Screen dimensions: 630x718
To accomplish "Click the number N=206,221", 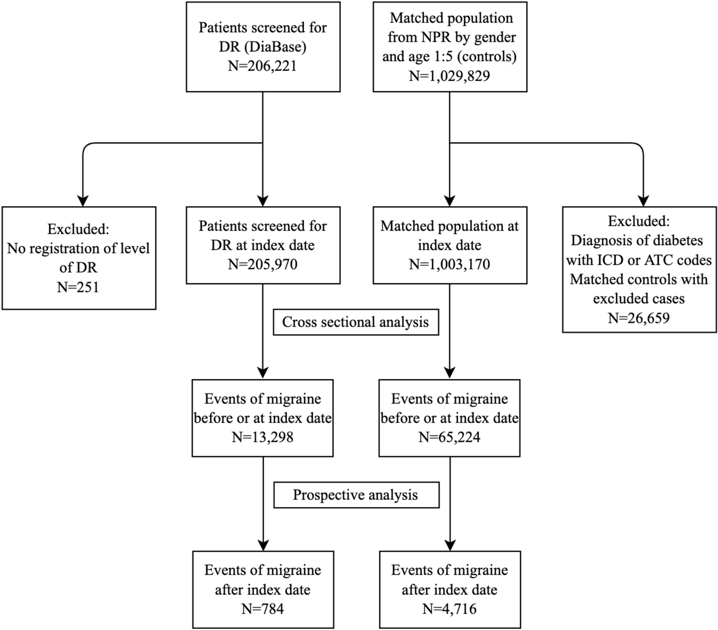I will coord(262,66).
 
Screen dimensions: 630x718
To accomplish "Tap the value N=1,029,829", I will coord(449,75).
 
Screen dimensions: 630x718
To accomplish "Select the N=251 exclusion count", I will coord(78,287).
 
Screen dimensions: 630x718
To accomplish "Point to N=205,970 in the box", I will coord(262,264).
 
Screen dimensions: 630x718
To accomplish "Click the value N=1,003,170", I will coord(449,264).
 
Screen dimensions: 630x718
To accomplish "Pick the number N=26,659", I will coord(638,318).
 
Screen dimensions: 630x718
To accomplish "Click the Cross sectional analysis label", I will coord(355,322).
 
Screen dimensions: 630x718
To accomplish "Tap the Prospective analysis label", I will coord(355,495).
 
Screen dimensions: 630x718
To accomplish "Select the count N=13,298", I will coord(262,437).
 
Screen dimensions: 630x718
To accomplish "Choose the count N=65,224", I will coord(449,437).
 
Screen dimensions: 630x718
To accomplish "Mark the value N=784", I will coord(262,608).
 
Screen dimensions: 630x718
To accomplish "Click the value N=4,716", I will coord(449,608).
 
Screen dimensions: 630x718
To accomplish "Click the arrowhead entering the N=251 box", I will coord(83,201).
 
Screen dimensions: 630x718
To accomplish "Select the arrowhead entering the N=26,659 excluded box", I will coord(643,201).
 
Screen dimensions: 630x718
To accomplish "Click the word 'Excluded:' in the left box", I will coord(78,229).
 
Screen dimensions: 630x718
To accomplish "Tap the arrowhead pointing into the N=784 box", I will coord(264,546).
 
